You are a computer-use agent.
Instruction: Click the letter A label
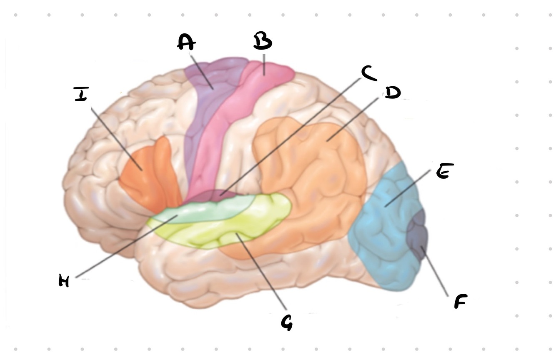pos(186,42)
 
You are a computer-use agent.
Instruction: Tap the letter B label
pos(263,42)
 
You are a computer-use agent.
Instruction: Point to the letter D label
pos(392,92)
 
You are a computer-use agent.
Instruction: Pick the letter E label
pos(444,171)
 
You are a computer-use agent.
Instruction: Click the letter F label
pos(460,301)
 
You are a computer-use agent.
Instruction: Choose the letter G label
pos(287,322)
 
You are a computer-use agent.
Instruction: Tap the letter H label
pos(64,281)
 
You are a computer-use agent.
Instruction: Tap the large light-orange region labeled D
pos(317,175)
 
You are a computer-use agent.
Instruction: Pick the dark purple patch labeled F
pos(418,233)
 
